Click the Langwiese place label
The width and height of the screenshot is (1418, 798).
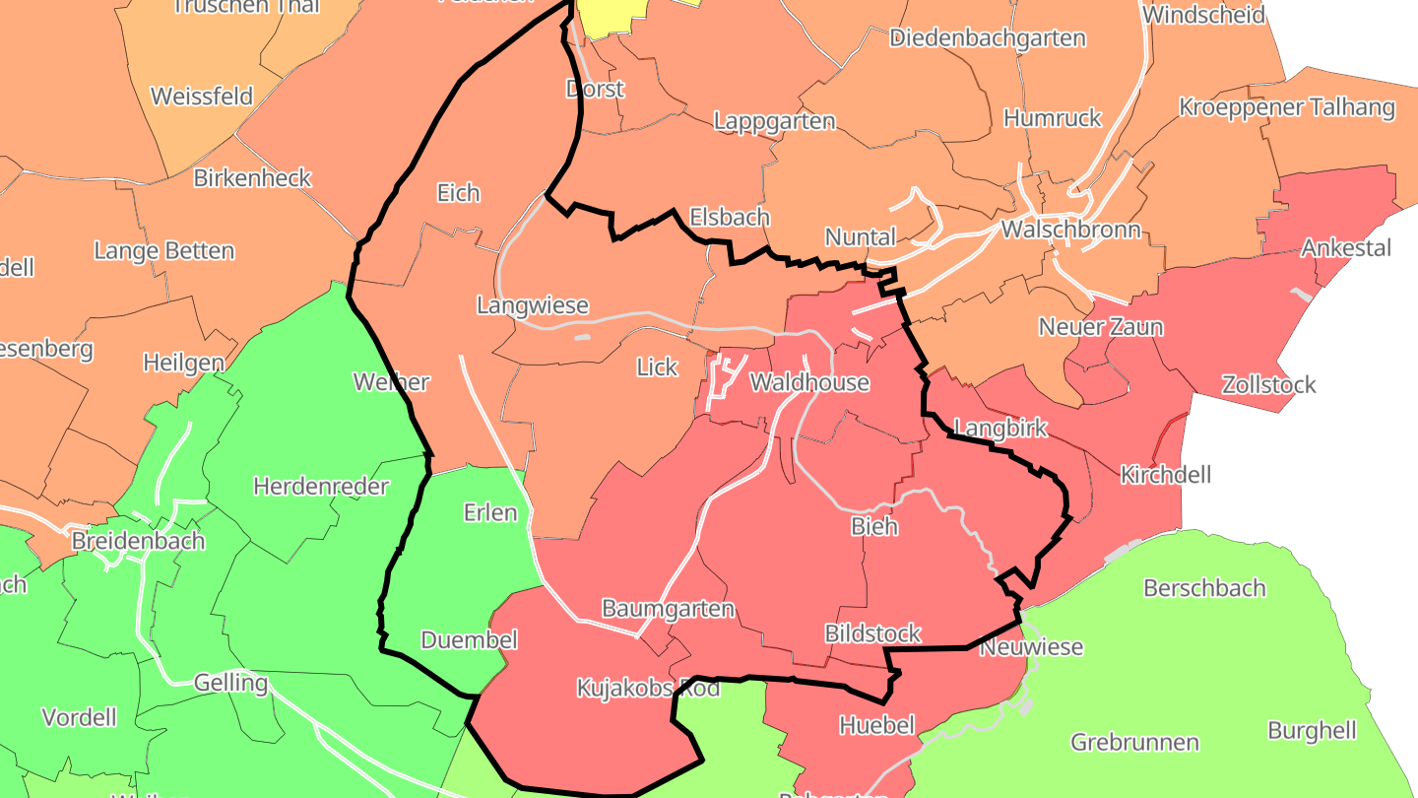(532, 305)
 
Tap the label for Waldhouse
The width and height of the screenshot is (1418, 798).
(809, 382)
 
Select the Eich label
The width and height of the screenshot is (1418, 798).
(459, 192)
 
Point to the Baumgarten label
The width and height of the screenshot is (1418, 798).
(668, 609)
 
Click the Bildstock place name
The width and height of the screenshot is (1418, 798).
(872, 632)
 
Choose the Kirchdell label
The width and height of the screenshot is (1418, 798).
(1166, 475)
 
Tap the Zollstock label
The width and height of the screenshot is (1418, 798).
(1268, 384)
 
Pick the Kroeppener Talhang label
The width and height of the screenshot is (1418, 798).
(1287, 107)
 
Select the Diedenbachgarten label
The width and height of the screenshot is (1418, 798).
(987, 38)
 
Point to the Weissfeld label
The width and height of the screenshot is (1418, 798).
(202, 97)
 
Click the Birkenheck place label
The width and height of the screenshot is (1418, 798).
(252, 178)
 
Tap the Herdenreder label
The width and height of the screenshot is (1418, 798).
(321, 486)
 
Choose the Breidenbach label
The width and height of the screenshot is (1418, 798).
(138, 541)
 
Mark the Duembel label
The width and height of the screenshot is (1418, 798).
(469, 640)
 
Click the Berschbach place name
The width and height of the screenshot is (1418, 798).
(1203, 588)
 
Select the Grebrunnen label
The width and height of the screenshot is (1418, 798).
(1134, 742)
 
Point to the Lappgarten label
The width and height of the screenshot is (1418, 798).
(774, 121)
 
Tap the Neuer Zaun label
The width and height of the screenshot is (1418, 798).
(1101, 327)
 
